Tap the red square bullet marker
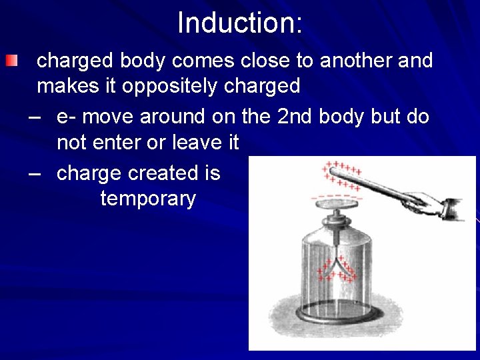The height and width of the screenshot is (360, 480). pos(11,62)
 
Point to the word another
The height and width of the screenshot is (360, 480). pos(357,61)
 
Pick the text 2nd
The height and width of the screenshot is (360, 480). pos(295,117)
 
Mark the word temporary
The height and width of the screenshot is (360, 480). pos(148,199)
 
